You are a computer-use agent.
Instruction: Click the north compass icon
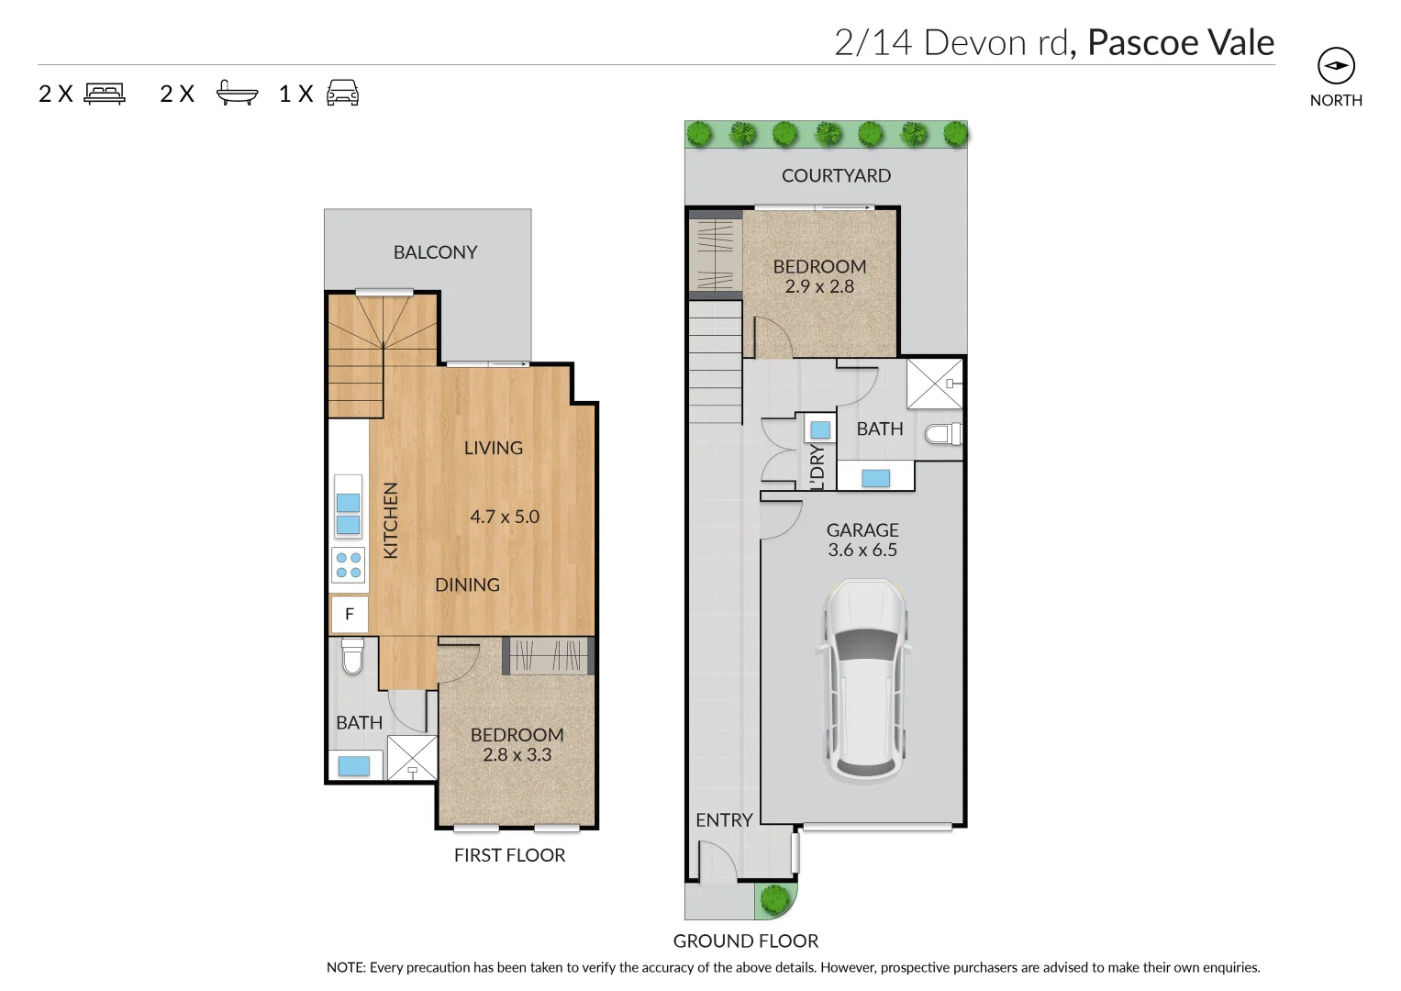coord(1335,66)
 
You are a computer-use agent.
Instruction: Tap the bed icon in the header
coord(105,94)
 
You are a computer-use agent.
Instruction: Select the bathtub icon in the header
coord(237,94)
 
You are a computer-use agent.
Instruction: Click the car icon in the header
coord(342,93)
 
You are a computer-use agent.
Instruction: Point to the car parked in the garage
coord(863,680)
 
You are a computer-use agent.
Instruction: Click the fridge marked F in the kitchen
coord(349,614)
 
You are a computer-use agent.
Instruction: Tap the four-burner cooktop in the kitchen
coord(349,565)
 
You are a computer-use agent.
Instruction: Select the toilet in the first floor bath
coord(352,656)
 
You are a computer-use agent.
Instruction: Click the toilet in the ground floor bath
coord(942,433)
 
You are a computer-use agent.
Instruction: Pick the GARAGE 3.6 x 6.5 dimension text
coord(862,550)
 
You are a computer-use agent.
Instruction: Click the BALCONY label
coord(435,252)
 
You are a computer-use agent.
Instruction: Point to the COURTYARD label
coord(836,175)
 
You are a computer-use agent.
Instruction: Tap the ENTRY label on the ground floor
coord(724,820)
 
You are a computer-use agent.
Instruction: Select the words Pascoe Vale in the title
coord(1180,43)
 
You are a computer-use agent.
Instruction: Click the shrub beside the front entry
coord(775,899)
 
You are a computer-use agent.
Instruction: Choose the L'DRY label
coord(817,466)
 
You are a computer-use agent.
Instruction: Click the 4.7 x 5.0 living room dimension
coord(505,517)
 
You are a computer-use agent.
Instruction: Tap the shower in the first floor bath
coord(412,758)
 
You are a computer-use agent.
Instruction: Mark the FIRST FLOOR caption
coord(509,855)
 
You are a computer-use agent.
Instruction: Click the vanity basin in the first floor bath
coord(353,765)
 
